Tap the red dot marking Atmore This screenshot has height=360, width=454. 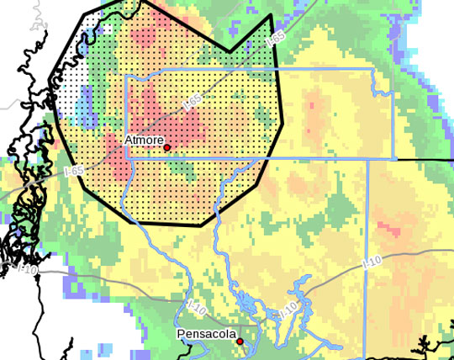coord(167,147)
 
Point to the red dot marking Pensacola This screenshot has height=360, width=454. coord(240,341)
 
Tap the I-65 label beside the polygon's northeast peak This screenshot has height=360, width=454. coord(275,40)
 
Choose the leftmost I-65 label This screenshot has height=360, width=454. coord(72,171)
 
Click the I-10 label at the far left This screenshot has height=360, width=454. coord(26,269)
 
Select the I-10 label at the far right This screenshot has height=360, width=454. coord(371,264)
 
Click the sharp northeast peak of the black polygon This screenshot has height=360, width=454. coord(270,16)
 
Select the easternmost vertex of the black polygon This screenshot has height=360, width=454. coord(282,122)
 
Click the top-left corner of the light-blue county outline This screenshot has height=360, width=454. coord(126,76)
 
